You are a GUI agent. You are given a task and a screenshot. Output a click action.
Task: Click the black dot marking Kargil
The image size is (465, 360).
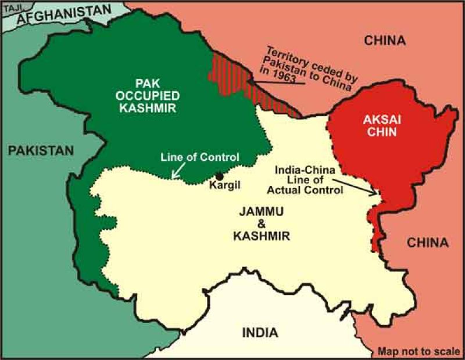click(x=219, y=176)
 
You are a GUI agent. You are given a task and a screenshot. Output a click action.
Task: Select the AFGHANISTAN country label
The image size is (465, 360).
click(x=63, y=15)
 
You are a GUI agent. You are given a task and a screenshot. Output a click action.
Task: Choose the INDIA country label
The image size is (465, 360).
click(x=260, y=333)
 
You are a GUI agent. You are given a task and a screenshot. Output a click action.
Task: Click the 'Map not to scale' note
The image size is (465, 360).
click(x=418, y=352)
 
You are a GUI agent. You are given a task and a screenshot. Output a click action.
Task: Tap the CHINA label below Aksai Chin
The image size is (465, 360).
click(x=427, y=243)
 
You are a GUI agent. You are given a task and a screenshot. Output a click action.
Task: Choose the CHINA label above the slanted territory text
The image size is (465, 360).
click(x=384, y=39)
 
